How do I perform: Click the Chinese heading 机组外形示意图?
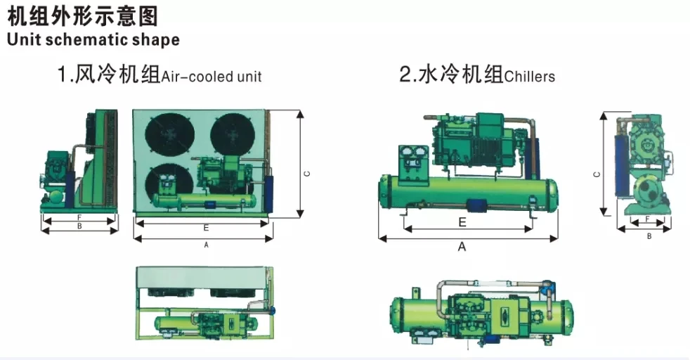pyautogui.click(x=82, y=16)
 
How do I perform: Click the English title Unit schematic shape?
pyautogui.click(x=93, y=39)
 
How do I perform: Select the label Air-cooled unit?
pyautogui.click(x=211, y=77)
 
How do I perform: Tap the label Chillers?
pyautogui.click(x=529, y=77)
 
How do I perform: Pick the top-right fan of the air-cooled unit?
pyautogui.click(x=233, y=134)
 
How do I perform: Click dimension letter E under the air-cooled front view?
pyautogui.click(x=206, y=228)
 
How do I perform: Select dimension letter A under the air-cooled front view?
pyautogui.click(x=206, y=245)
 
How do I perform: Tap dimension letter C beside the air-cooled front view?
pyautogui.click(x=307, y=174)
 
